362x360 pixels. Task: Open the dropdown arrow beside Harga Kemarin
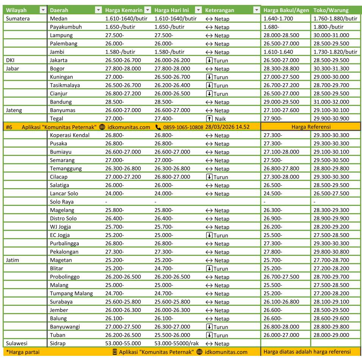point(148,10)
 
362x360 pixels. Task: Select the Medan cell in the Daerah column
point(58,19)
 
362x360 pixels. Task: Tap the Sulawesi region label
point(17,343)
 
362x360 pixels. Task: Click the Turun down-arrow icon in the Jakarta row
point(209,60)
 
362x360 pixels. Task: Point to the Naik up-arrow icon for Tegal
point(209,118)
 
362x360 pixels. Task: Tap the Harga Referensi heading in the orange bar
point(311,127)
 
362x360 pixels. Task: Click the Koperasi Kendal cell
point(70,135)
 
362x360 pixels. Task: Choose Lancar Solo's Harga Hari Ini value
point(164,193)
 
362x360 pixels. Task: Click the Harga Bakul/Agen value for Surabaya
point(281,302)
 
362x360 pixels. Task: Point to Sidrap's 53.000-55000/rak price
point(177,343)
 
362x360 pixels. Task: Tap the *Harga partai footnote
point(23,352)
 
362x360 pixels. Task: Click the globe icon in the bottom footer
point(200,352)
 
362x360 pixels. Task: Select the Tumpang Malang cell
point(71,293)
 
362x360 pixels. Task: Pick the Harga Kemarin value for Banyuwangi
point(123,327)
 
